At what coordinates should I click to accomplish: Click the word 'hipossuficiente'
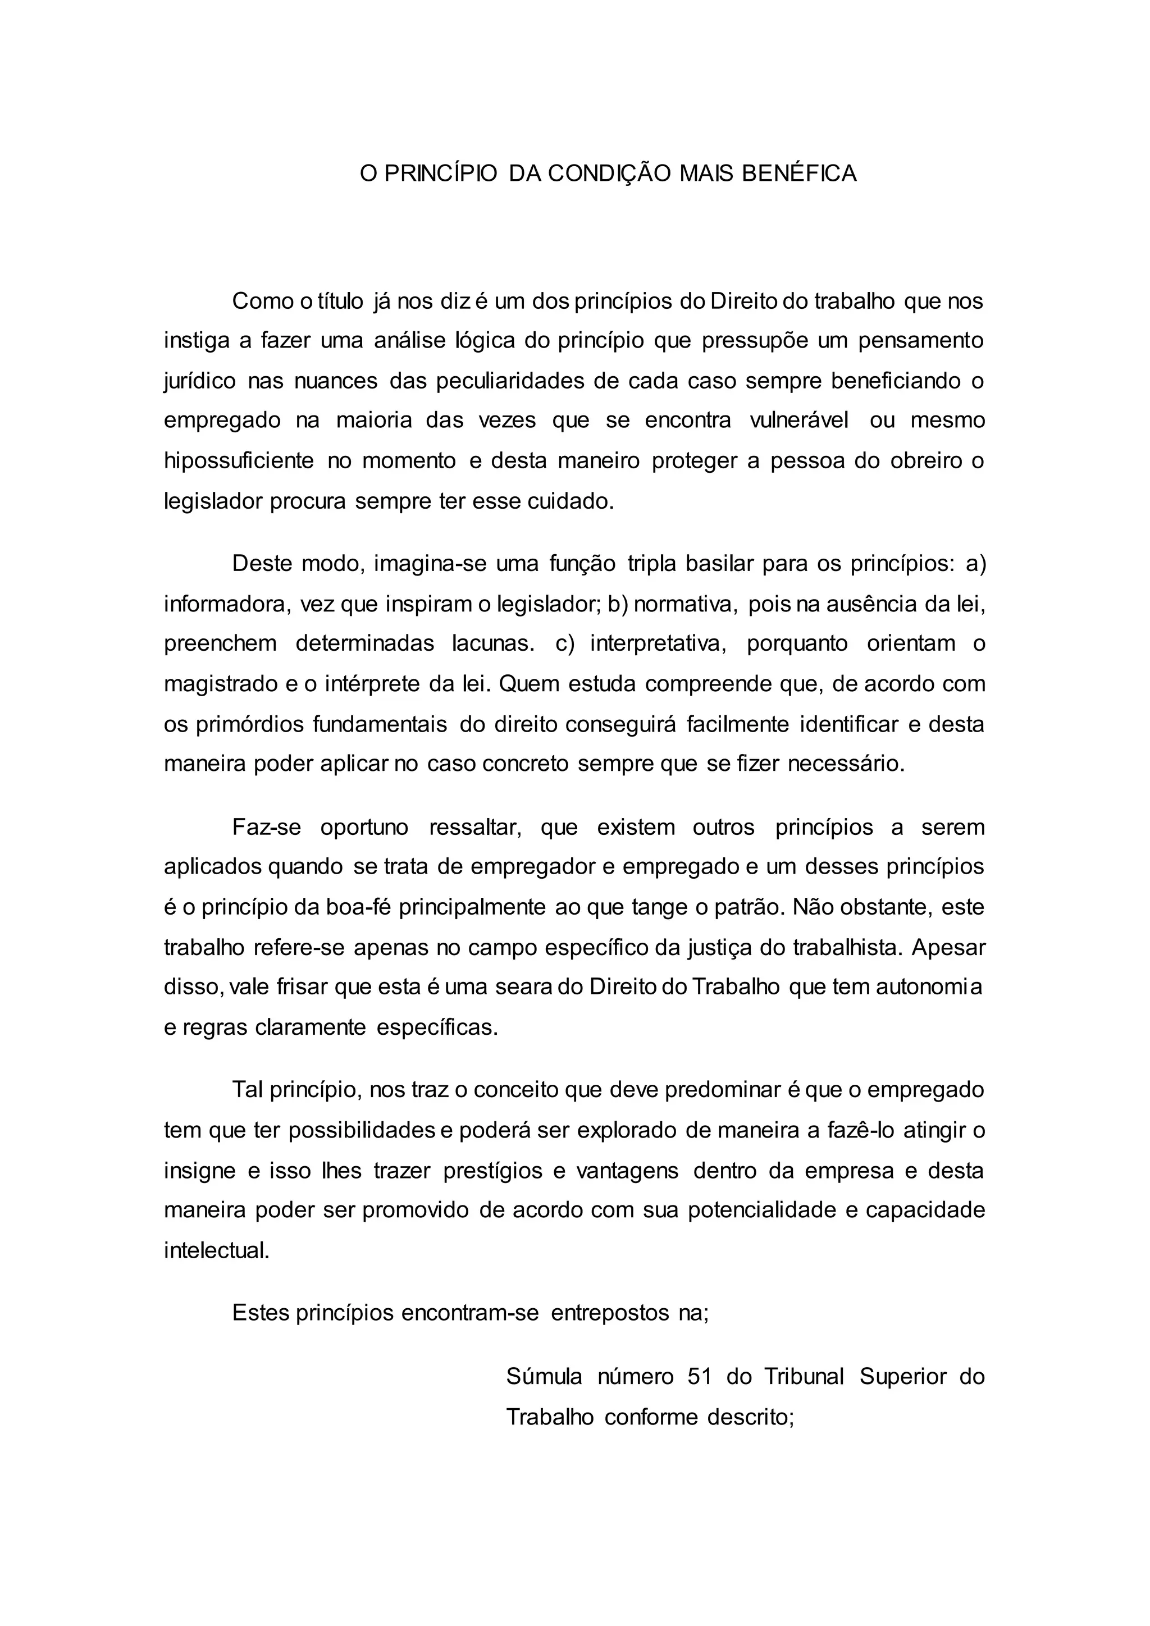tap(239, 461)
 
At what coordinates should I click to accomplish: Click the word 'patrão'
tap(747, 908)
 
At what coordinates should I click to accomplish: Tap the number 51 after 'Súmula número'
tap(699, 1377)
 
